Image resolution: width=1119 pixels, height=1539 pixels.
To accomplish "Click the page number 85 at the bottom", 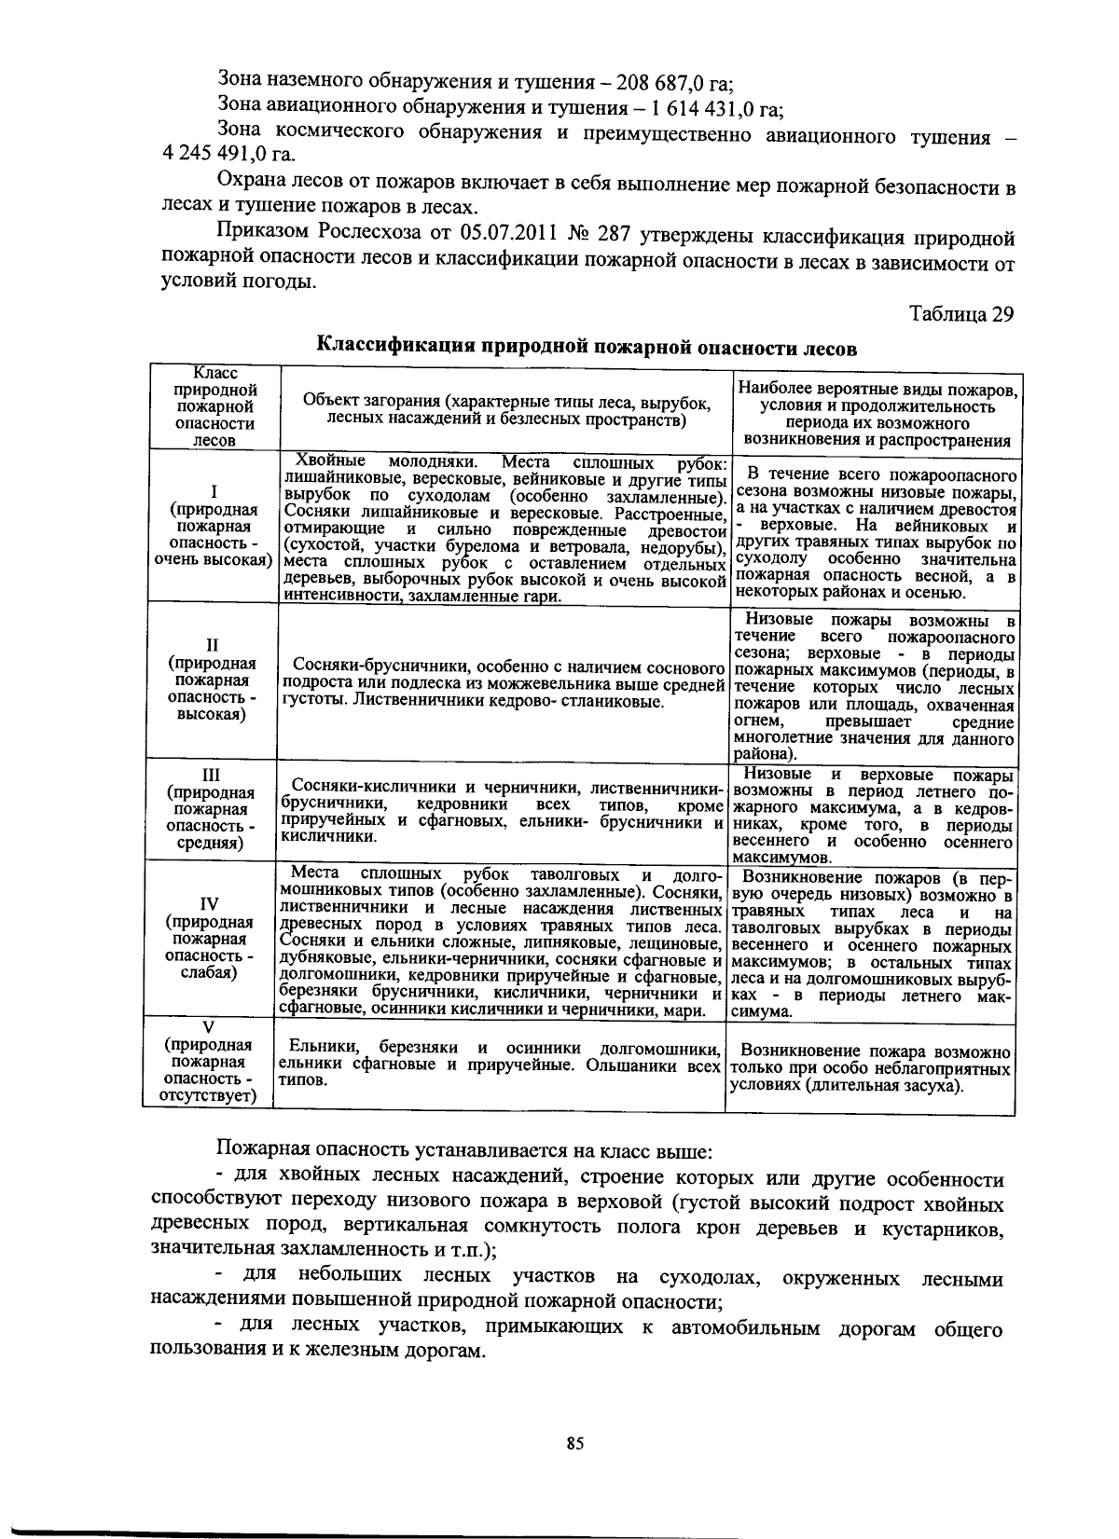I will tap(574, 1444).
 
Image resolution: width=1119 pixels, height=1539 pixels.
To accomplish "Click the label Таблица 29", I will tap(960, 314).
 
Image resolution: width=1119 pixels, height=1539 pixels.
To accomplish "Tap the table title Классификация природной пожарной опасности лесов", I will tap(586, 347).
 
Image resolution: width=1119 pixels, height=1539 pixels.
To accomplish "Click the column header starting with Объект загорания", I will tap(506, 411).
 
